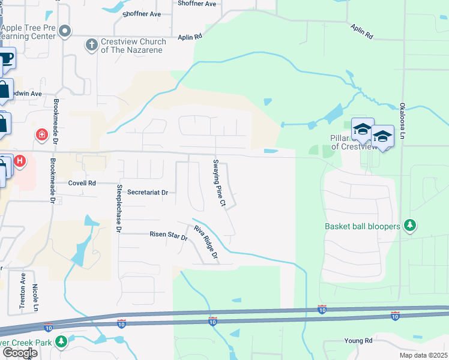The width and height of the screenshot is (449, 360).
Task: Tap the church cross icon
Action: coord(92,44)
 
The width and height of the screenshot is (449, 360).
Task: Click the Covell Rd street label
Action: coord(82,183)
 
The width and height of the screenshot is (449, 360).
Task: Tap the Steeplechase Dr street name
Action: coord(118,209)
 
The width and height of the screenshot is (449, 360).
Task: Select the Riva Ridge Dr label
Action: coord(205,243)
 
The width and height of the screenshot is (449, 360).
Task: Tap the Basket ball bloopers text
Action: coord(362,227)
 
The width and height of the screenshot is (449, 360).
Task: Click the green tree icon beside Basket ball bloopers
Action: coord(410,226)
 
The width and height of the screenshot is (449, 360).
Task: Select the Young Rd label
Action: coord(358,341)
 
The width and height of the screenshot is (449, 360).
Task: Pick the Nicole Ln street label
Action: coord(35,298)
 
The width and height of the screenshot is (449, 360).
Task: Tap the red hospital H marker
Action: coord(20,161)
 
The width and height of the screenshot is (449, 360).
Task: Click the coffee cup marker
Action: coord(5,59)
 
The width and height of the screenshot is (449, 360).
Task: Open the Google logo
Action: coord(19,353)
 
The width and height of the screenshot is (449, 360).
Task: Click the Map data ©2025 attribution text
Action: coord(423,355)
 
